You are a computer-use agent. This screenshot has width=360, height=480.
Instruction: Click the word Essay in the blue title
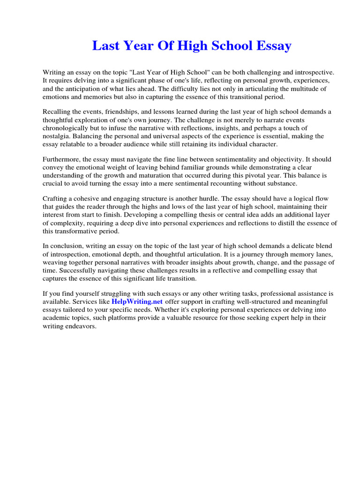click(272, 46)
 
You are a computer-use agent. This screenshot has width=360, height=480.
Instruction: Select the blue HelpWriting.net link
click(137, 301)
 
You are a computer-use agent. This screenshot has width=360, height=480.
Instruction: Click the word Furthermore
click(62, 159)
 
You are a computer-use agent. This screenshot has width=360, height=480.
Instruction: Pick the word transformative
click(77, 231)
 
